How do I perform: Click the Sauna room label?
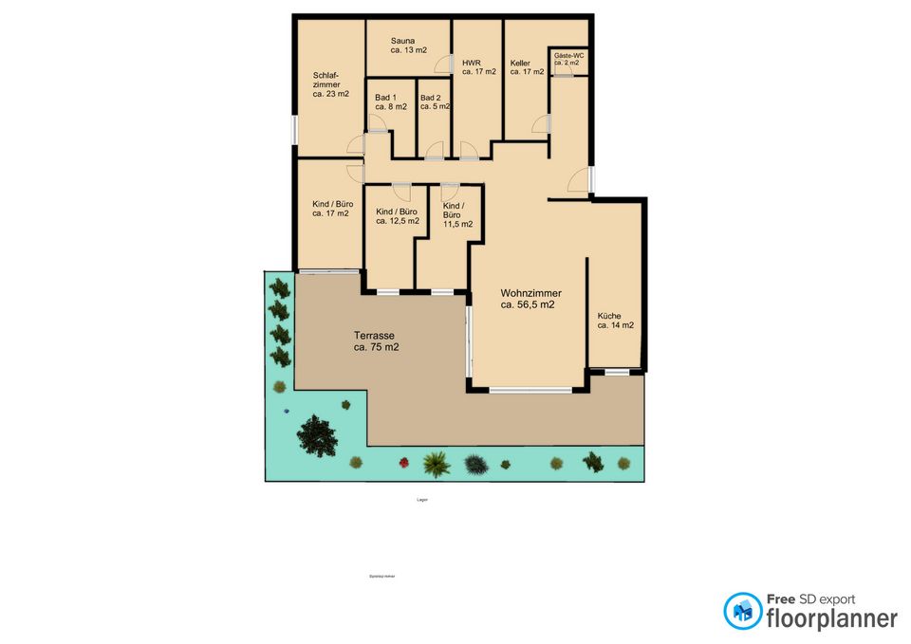click(408, 46)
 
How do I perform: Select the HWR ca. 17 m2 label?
click(479, 66)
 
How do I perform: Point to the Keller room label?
click(527, 66)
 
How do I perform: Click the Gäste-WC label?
click(568, 59)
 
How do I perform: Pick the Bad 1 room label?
click(391, 101)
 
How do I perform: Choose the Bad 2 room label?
click(435, 101)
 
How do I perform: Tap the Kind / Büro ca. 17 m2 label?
click(332, 209)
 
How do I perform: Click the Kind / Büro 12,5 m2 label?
click(398, 216)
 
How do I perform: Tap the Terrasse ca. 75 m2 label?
click(377, 341)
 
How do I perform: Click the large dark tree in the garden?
click(316, 434)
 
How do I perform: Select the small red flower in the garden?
click(404, 463)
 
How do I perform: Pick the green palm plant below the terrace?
click(436, 464)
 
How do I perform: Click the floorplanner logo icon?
click(742, 611)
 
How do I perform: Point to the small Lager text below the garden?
click(421, 500)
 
